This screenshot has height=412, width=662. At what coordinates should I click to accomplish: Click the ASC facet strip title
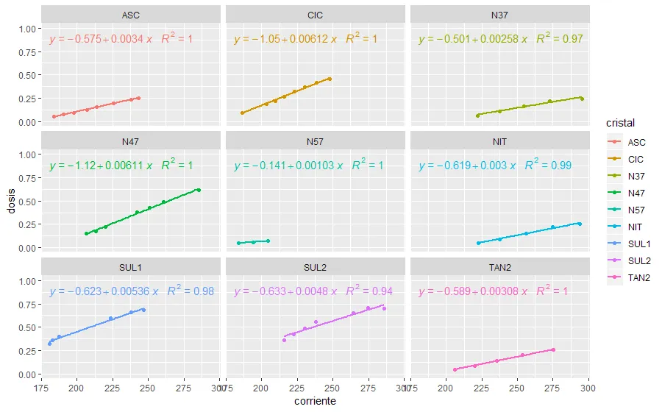point(131,15)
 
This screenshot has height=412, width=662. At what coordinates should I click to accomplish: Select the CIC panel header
point(315,15)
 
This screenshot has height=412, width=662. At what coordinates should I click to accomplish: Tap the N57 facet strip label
point(315,141)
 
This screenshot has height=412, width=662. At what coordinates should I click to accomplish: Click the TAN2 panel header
point(499,268)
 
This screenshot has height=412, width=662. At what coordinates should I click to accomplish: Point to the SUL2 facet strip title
point(315,268)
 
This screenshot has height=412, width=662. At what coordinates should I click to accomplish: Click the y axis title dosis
point(10,202)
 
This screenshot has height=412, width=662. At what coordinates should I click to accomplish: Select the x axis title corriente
point(315,401)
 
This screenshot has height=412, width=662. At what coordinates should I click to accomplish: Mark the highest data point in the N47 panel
point(199,190)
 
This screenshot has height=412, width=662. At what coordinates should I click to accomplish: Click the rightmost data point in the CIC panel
point(330,79)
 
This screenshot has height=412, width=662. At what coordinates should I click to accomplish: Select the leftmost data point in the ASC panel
point(54,116)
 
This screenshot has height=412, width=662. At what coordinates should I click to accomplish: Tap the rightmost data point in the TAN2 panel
point(553,349)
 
